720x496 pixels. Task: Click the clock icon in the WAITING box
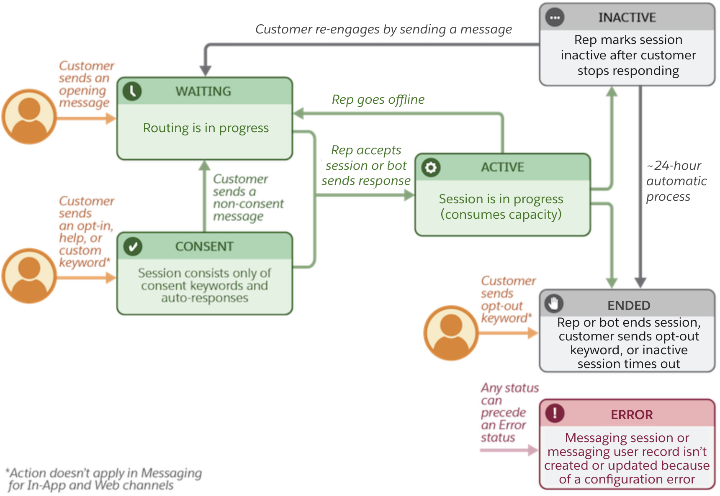pyautogui.click(x=132, y=91)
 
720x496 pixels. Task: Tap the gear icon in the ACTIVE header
pyautogui.click(x=431, y=167)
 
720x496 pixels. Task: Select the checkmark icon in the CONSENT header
pyautogui.click(x=133, y=246)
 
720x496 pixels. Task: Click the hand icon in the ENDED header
pyautogui.click(x=554, y=303)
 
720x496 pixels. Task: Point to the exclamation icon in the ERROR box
pyautogui.click(x=555, y=413)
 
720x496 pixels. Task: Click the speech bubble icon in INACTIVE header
pyautogui.click(x=555, y=18)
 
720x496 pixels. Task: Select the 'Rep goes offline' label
pyautogui.click(x=378, y=100)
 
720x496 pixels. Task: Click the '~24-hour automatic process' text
pyautogui.click(x=676, y=181)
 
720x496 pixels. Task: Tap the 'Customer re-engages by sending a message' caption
pyautogui.click(x=383, y=29)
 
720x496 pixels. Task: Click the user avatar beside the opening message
pyautogui.click(x=29, y=116)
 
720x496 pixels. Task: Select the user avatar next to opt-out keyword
pyautogui.click(x=451, y=333)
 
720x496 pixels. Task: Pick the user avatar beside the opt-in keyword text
pyautogui.click(x=29, y=276)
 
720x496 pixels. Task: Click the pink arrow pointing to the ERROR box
pyautogui.click(x=509, y=450)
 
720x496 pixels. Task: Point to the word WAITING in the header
pyautogui.click(x=203, y=91)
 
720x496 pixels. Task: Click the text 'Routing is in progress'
pyautogui.click(x=206, y=128)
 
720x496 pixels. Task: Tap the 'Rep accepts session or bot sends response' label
pyautogui.click(x=366, y=165)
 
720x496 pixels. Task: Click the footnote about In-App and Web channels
pyautogui.click(x=104, y=479)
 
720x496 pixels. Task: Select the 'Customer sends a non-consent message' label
pyautogui.click(x=247, y=197)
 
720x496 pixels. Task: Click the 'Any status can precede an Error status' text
pyautogui.click(x=508, y=412)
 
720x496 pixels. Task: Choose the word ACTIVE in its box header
pyautogui.click(x=502, y=167)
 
